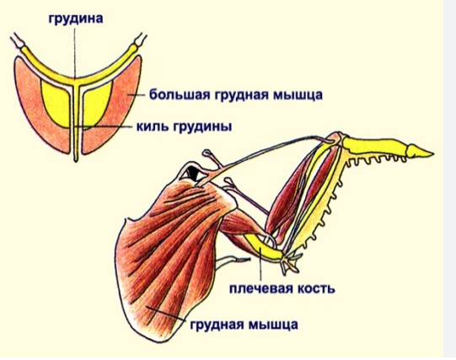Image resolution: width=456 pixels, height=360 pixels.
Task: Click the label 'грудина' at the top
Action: tap(76, 19)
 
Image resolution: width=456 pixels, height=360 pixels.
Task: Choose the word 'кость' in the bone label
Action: tap(314, 288)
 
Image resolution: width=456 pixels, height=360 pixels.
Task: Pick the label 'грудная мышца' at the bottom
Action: tap(244, 325)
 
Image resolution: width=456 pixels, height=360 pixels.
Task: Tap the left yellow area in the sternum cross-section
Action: tap(56, 103)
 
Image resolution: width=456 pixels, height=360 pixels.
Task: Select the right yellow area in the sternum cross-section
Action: tap(97, 103)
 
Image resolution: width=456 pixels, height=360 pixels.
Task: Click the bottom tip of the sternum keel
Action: tap(76, 160)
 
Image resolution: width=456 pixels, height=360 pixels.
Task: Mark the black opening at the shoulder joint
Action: tap(193, 172)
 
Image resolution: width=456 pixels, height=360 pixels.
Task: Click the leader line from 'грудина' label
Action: tap(74, 53)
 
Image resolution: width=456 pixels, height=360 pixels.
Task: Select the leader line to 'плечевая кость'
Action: tap(260, 264)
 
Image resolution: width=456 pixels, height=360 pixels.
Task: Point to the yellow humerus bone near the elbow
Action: tap(263, 246)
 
